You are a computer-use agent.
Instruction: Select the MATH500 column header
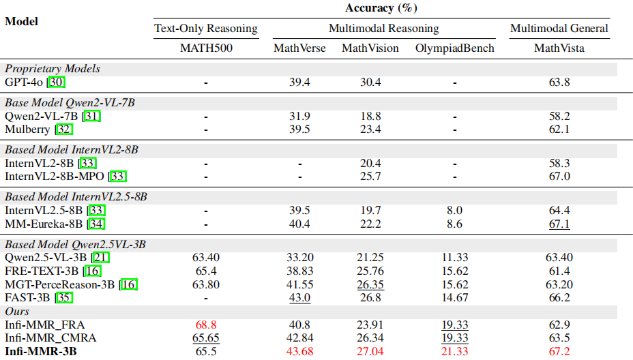[206, 48]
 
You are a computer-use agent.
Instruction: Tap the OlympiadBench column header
[454, 48]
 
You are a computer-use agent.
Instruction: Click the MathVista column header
[559, 48]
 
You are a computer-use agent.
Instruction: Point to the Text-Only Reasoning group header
[206, 29]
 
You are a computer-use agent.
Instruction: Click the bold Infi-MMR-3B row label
[40, 352]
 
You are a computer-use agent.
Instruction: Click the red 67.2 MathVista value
[559, 352]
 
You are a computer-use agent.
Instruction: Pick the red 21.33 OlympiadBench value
[454, 352]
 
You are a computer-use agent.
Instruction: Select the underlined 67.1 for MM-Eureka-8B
[559, 223]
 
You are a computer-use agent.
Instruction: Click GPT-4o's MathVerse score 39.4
[299, 82]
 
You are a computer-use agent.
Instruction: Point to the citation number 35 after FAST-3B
[63, 297]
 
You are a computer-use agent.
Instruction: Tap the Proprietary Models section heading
[53, 68]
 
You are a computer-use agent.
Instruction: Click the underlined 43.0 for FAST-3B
[299, 297]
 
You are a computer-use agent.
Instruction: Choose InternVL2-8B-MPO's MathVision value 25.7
[370, 177]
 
